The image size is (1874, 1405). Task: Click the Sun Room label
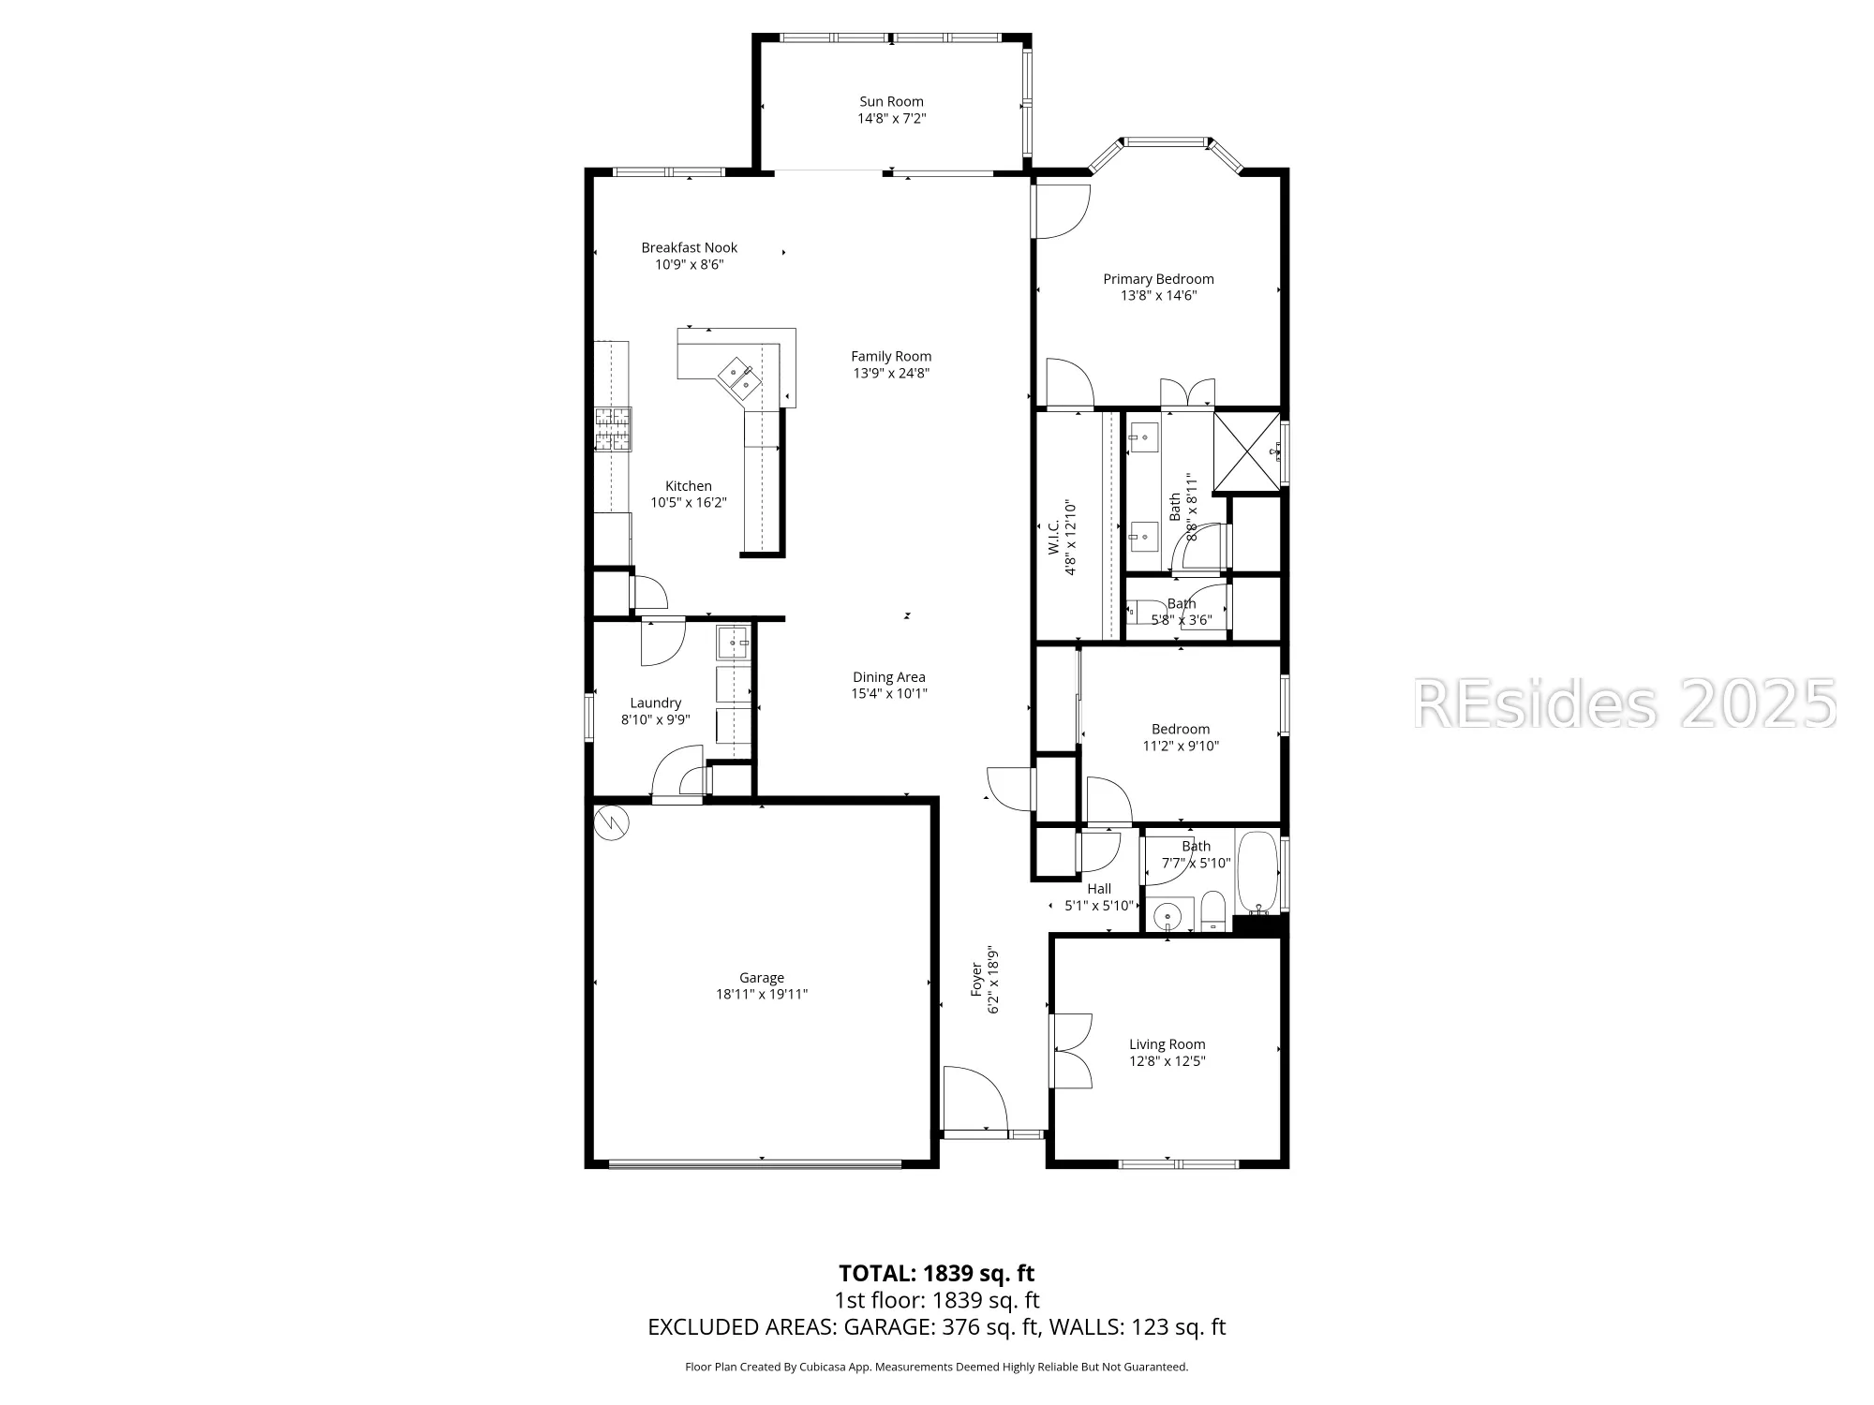[x=891, y=101]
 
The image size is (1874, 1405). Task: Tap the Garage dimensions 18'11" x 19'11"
[x=761, y=995]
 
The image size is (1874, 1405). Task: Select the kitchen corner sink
[x=738, y=377]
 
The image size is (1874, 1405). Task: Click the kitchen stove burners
[x=613, y=430]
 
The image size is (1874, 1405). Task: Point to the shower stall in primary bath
[x=1247, y=451]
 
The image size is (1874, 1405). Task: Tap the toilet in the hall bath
[x=1212, y=911]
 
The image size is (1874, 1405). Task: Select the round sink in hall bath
[x=1168, y=915]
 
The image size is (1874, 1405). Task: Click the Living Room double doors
[x=1071, y=1050]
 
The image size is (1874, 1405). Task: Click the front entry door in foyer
[x=974, y=1102]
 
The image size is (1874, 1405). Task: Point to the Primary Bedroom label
[x=1158, y=278]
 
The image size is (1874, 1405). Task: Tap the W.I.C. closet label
[x=1053, y=539]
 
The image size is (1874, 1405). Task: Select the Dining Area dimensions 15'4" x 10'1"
[x=888, y=694]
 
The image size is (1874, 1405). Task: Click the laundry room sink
[x=733, y=643]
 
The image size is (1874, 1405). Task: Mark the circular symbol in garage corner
[x=611, y=822]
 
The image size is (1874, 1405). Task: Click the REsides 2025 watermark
[x=1624, y=704]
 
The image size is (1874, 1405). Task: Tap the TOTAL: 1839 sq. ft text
[x=936, y=1273]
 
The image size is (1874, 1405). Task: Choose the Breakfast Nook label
[x=689, y=247]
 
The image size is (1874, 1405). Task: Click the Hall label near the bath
[x=1099, y=889]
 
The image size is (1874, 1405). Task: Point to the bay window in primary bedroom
[x=1165, y=142]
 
